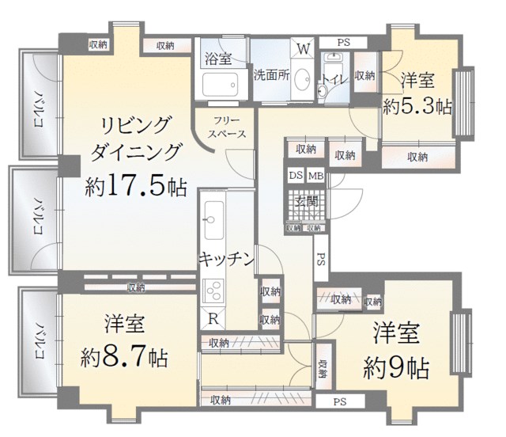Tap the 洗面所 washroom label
pos(271,77)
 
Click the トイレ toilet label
pos(332,79)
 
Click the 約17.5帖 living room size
pos(135,186)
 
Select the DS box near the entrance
pos(294,176)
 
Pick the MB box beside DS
pos(315,176)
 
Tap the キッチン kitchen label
pos(226,258)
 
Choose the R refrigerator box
pos(213,318)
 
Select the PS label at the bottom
pos(339,401)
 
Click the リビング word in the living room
pos(135,125)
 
